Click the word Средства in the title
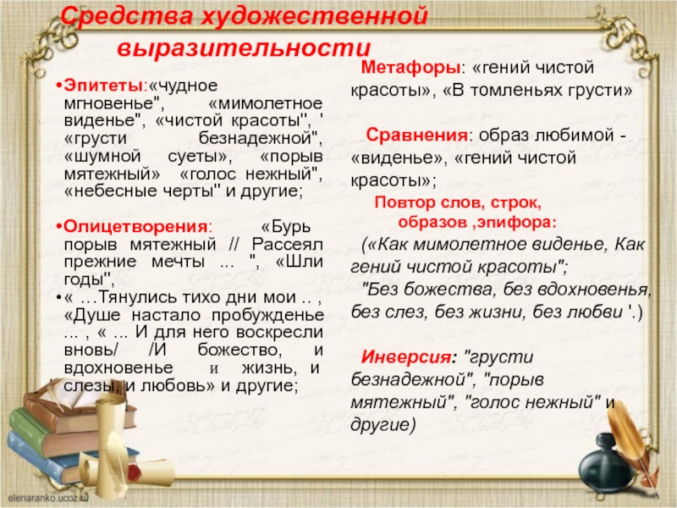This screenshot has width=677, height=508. (126, 17)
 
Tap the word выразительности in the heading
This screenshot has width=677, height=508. (245, 48)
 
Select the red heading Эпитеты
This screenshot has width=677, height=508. (103, 86)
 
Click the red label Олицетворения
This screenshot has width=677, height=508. (135, 226)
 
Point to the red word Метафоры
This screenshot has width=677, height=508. (410, 68)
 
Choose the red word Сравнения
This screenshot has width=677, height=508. (416, 135)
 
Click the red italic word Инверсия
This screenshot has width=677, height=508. (406, 357)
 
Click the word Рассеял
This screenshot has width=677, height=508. (287, 244)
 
